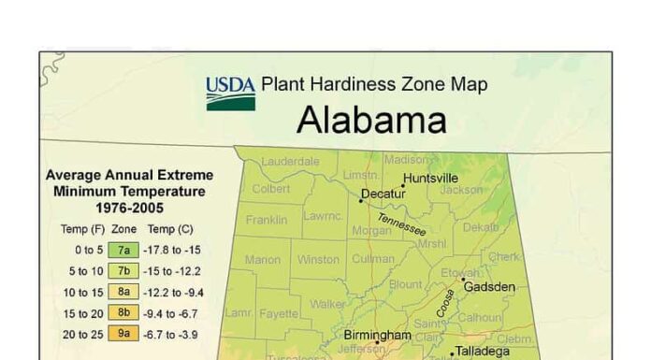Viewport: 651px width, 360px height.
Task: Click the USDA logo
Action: [x=230, y=93]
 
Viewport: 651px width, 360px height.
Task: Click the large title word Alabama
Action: [x=371, y=121]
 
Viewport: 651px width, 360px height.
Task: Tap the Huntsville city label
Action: [x=430, y=178]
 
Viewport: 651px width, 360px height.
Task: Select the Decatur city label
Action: [x=383, y=194]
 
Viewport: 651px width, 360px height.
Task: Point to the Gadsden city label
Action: [x=489, y=286]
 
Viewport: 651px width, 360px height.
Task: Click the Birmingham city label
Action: [x=377, y=334]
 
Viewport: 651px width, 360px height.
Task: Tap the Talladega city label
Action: [x=484, y=352]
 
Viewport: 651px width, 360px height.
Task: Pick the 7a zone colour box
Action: [x=123, y=250]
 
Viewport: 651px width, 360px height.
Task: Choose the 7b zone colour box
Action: [x=123, y=270]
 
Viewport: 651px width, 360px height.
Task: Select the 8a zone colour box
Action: [x=123, y=291]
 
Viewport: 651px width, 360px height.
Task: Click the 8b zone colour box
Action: [x=123, y=311]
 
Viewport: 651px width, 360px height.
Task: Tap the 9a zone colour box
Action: [x=123, y=332]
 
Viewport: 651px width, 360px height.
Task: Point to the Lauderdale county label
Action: [x=290, y=161]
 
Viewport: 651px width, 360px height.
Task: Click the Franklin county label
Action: [x=267, y=221]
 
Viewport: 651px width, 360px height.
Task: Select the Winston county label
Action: [x=318, y=259]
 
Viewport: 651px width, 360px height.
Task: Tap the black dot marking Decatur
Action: [x=361, y=200]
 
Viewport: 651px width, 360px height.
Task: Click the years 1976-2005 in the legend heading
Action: [x=130, y=209]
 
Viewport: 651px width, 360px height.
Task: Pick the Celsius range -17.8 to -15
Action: [x=175, y=250]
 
